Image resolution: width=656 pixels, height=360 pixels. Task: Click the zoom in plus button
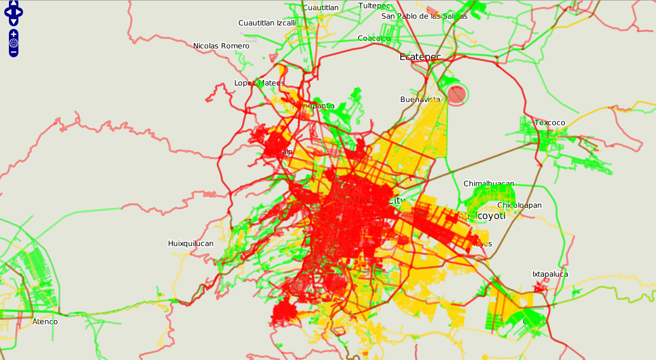click(x=14, y=35)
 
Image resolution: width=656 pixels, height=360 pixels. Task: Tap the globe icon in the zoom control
click(x=14, y=43)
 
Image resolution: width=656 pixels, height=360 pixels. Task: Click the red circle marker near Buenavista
click(x=457, y=95)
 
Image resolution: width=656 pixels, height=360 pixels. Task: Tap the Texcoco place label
click(x=549, y=123)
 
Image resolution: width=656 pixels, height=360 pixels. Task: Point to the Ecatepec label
click(x=420, y=57)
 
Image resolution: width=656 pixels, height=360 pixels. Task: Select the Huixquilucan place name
click(x=191, y=243)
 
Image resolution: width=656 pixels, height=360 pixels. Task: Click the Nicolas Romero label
click(x=221, y=46)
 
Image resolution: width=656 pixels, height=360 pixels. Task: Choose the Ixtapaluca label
click(x=550, y=274)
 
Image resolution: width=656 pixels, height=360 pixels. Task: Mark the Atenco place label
click(x=45, y=322)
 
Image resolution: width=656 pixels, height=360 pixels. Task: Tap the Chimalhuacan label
click(x=488, y=183)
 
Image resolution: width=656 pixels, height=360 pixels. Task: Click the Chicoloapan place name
click(x=519, y=205)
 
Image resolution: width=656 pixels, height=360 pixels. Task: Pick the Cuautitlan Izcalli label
click(x=267, y=23)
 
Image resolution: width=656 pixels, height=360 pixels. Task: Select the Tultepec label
click(x=374, y=6)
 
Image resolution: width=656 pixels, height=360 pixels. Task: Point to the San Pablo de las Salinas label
click(x=424, y=16)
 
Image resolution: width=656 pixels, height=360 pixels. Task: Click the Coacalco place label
click(x=374, y=38)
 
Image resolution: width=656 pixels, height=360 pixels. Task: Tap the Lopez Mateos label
click(x=259, y=83)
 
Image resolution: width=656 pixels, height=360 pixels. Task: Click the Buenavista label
click(x=420, y=99)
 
